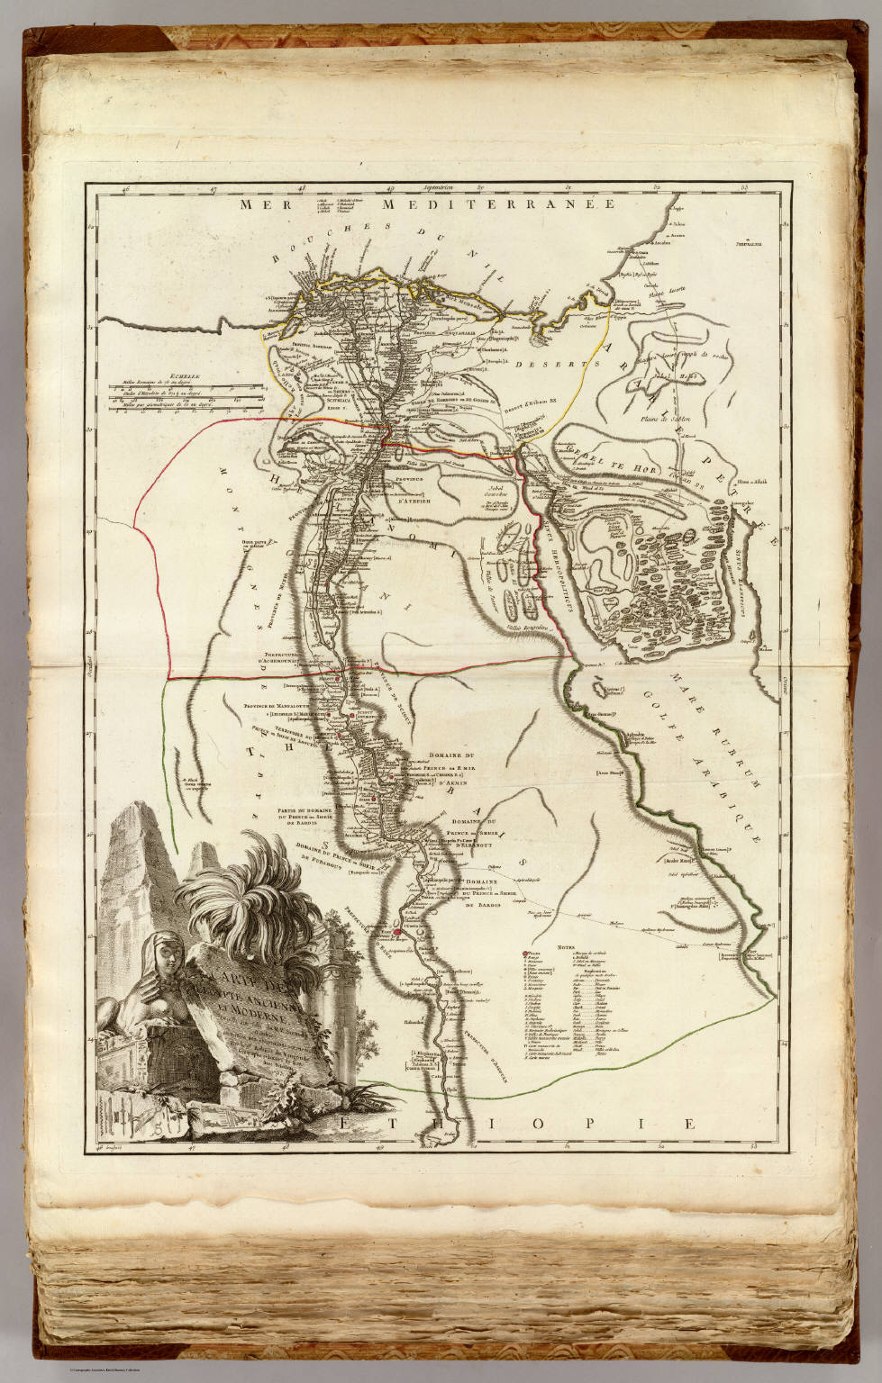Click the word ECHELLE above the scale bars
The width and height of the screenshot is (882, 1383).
132,381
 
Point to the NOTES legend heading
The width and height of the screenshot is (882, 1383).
565,947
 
